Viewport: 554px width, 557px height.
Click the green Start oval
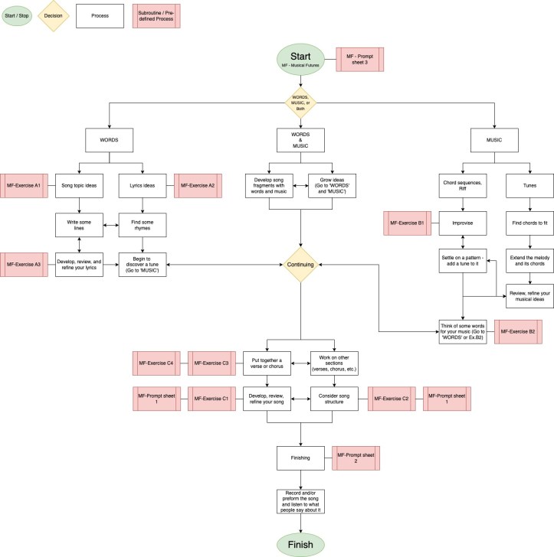[300, 60]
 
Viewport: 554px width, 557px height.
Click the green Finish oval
[300, 543]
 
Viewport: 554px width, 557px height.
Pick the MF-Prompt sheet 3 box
[360, 59]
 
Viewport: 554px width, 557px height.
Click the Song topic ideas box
[79, 186]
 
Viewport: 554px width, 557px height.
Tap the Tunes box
[529, 186]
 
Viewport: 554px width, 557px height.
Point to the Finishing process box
[300, 458]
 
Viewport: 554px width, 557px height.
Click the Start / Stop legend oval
[17, 16]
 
